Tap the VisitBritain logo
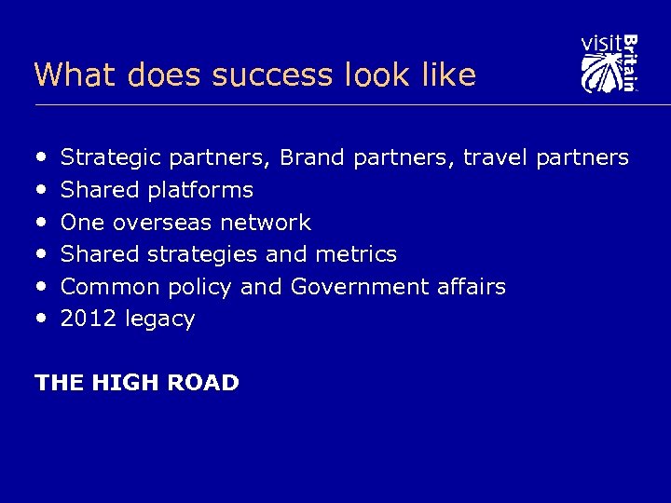click(609, 63)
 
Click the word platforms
click(200, 191)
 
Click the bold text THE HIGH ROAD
click(137, 383)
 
